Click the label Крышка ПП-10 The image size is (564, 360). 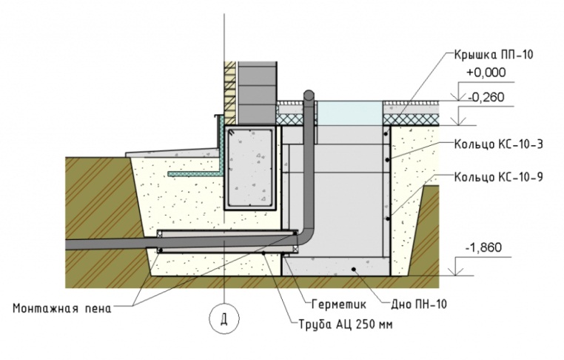point(493,55)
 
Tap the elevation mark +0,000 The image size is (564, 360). point(486,73)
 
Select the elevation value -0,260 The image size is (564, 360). point(486,97)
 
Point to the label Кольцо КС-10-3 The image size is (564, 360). point(499,144)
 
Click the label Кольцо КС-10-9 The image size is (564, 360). point(499,177)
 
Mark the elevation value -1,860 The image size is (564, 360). point(483,247)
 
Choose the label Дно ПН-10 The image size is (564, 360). point(419,304)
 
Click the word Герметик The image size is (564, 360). point(338,304)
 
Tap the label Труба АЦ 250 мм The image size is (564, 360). point(346,324)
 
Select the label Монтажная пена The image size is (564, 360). point(62,309)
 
